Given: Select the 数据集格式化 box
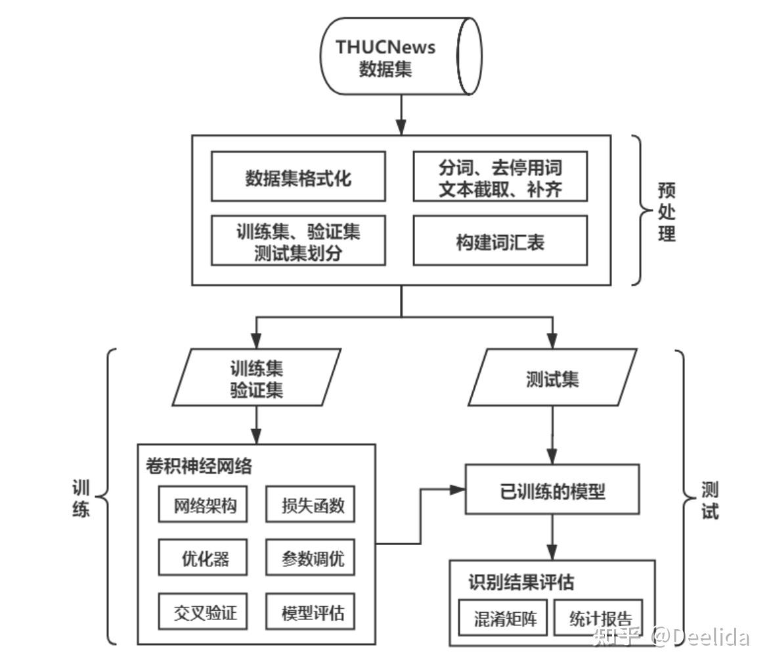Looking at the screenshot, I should click(298, 177).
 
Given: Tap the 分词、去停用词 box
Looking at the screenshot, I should click(500, 177).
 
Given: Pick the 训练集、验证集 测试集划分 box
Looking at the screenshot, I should click(298, 241).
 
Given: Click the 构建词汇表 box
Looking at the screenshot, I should click(500, 241).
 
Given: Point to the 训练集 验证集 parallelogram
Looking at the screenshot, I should click(257, 378).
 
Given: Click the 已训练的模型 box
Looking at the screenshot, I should click(552, 489).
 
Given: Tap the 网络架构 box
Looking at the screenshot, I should click(203, 504).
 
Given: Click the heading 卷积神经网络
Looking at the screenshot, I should click(199, 466).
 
